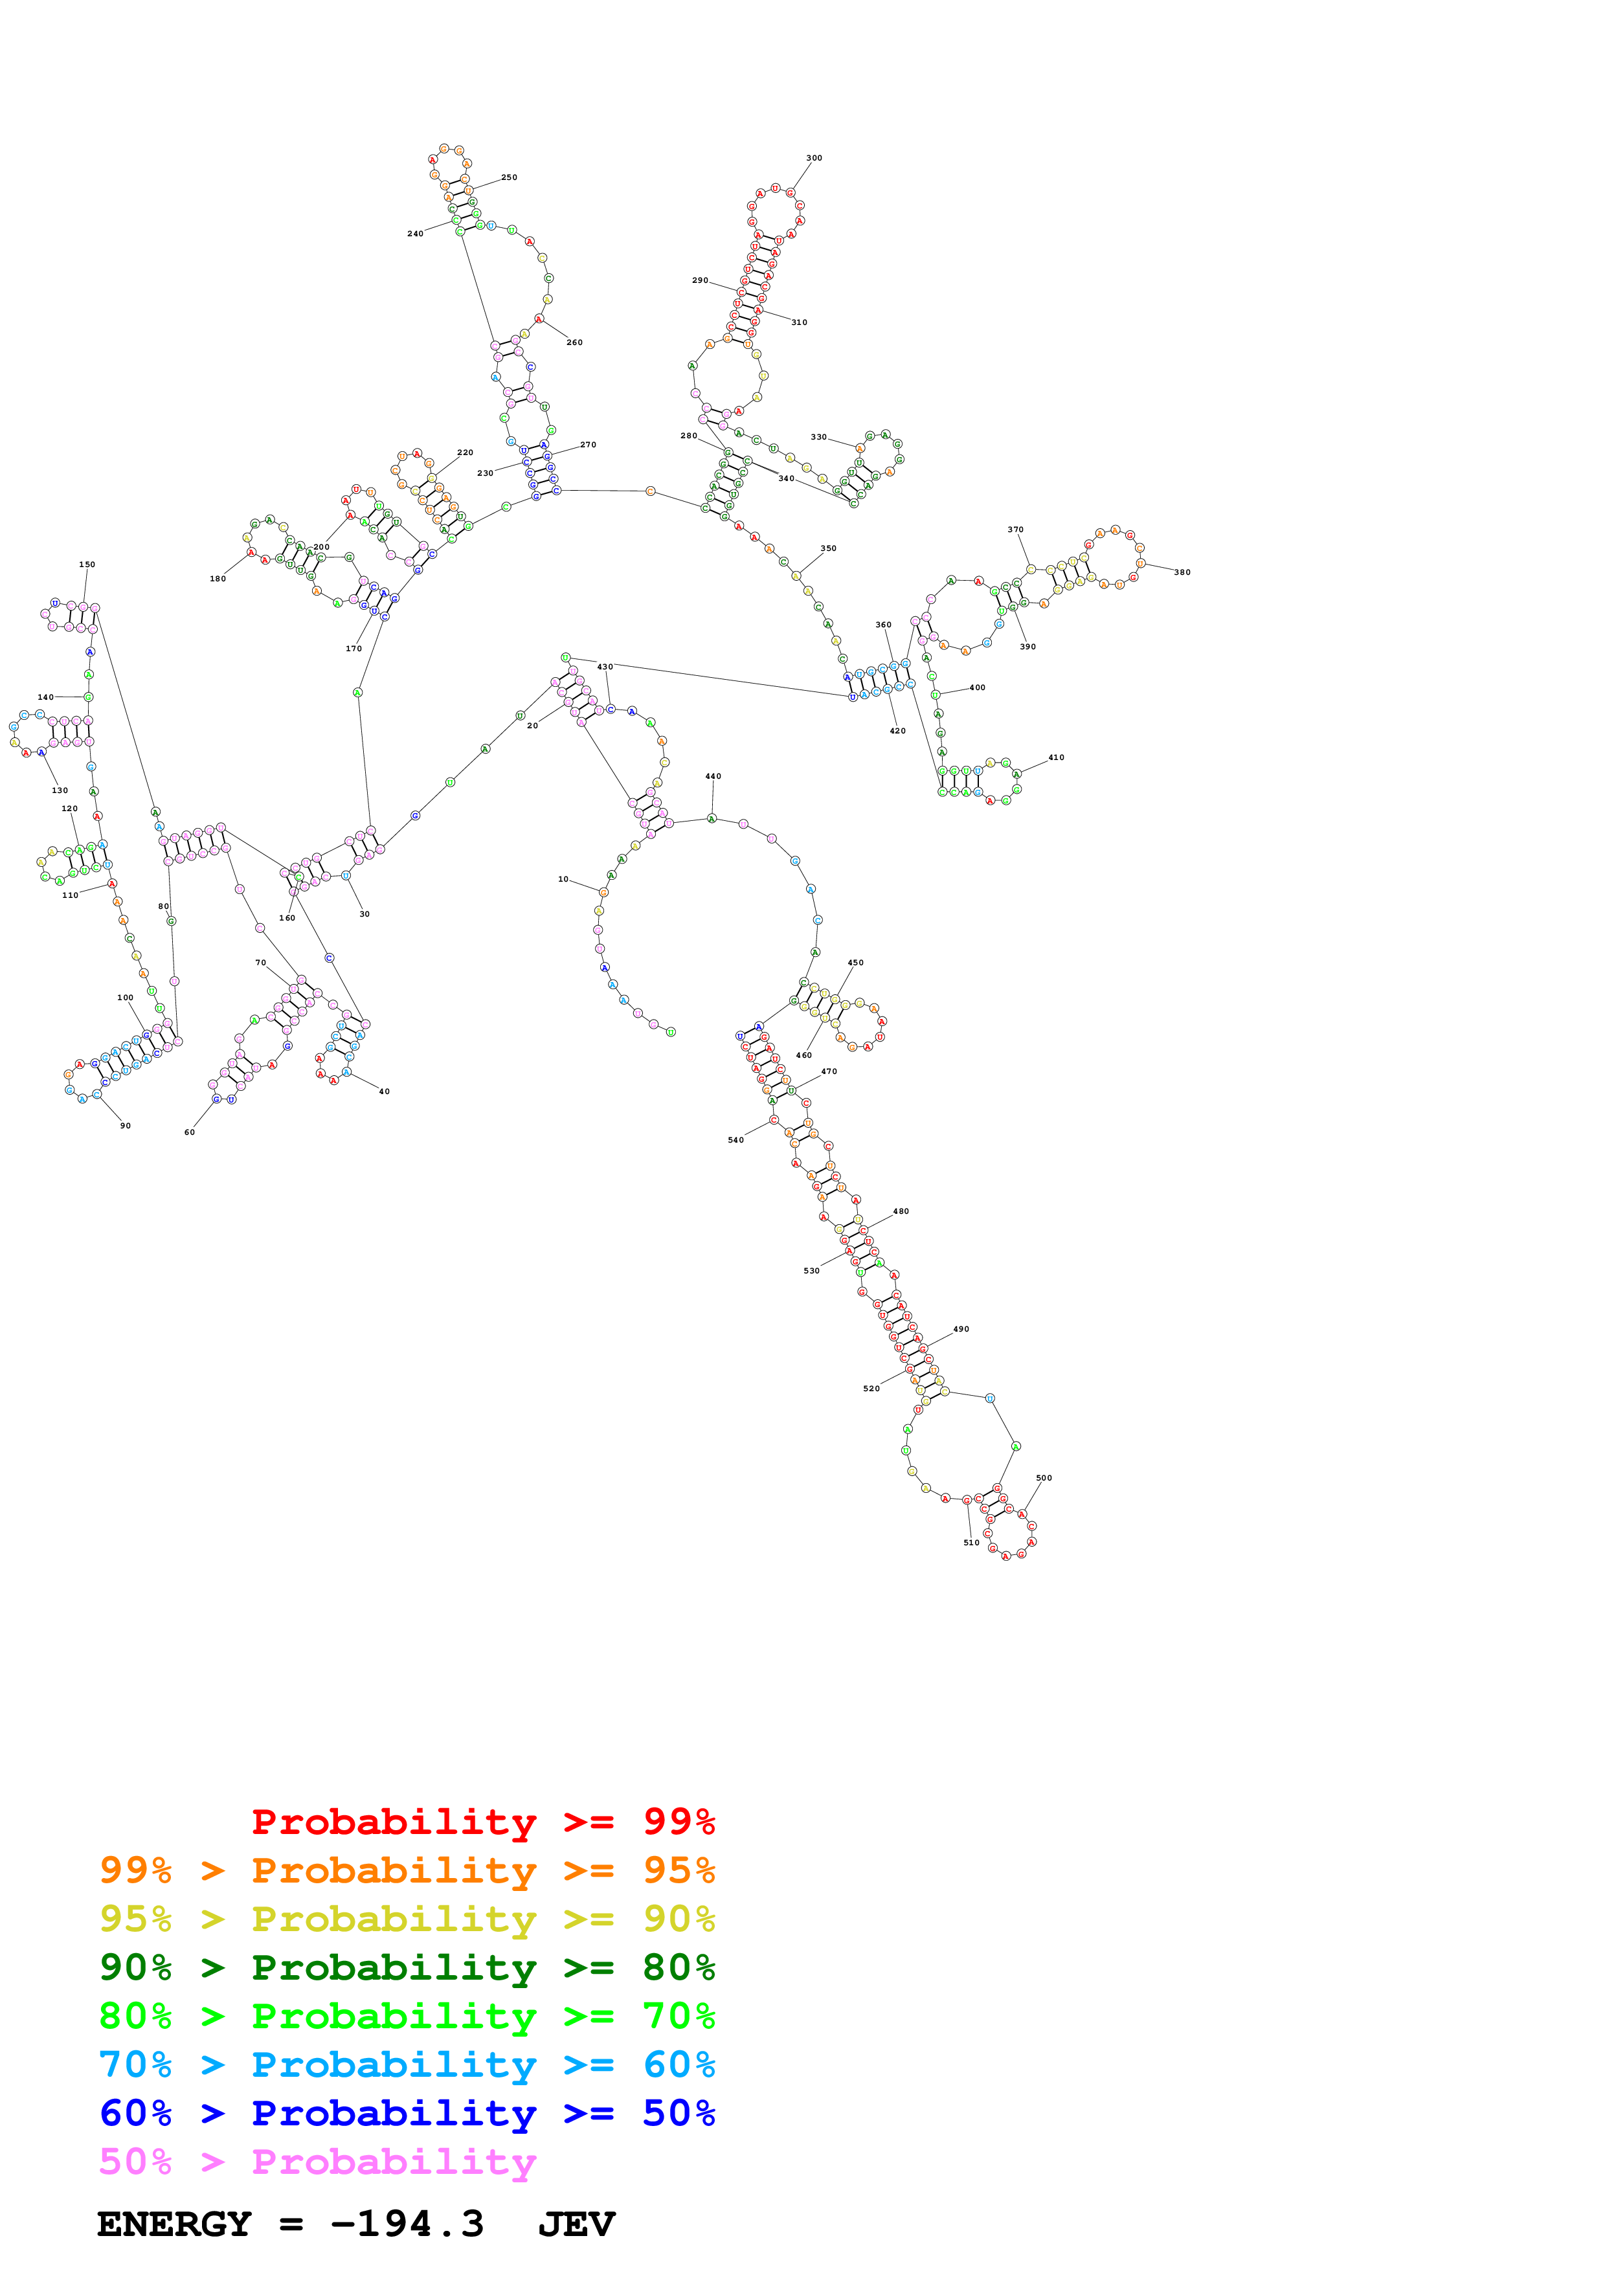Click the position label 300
[x=813, y=158]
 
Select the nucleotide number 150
[x=87, y=565]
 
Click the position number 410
[x=1056, y=757]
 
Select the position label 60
[x=189, y=1132]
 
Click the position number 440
[x=713, y=776]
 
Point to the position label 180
[x=218, y=579]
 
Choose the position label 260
[x=574, y=342]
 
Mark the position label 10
[x=563, y=879]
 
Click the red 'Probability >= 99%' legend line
[x=482, y=1821]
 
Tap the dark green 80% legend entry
[x=407, y=1967]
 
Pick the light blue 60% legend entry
[x=407, y=2064]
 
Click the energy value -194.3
[x=407, y=2224]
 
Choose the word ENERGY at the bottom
[x=174, y=2224]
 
